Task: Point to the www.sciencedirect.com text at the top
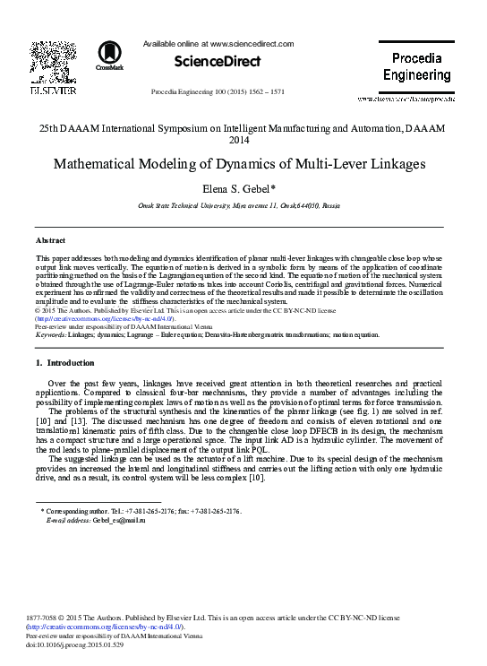coord(243,43)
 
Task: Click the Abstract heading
coord(49,241)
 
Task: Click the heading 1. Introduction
coord(64,363)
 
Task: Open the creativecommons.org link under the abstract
coord(106,318)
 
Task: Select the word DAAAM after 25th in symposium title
coord(91,129)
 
